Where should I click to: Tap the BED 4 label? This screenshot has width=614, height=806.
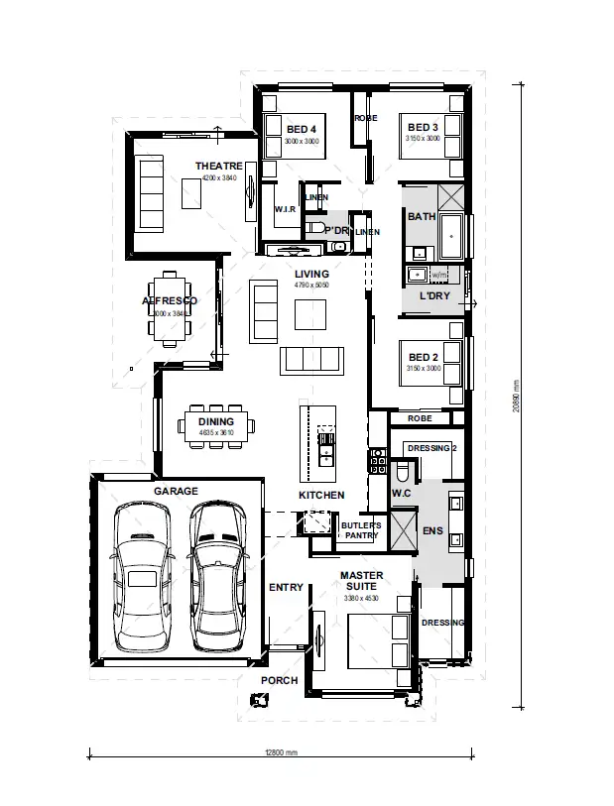coord(302,128)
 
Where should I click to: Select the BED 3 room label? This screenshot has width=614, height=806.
coord(422,127)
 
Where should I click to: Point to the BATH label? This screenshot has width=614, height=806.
coord(421,216)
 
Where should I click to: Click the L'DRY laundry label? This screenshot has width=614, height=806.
coord(433,295)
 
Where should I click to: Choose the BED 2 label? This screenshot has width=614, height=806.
coord(422,357)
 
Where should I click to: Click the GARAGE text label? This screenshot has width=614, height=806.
coord(176,491)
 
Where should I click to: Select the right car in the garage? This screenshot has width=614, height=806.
coord(217,576)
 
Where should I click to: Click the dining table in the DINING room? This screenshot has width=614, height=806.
coord(215,426)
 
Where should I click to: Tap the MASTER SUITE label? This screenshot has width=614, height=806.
coord(360,581)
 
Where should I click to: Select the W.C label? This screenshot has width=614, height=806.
coord(401,491)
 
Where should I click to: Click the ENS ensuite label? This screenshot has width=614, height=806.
coord(432,531)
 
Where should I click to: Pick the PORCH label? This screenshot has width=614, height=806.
coord(280,681)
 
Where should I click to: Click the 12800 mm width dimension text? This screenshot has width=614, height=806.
coord(281,752)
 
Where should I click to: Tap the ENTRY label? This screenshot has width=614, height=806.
coord(286,588)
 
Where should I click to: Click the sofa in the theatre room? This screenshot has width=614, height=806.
coord(151,195)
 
